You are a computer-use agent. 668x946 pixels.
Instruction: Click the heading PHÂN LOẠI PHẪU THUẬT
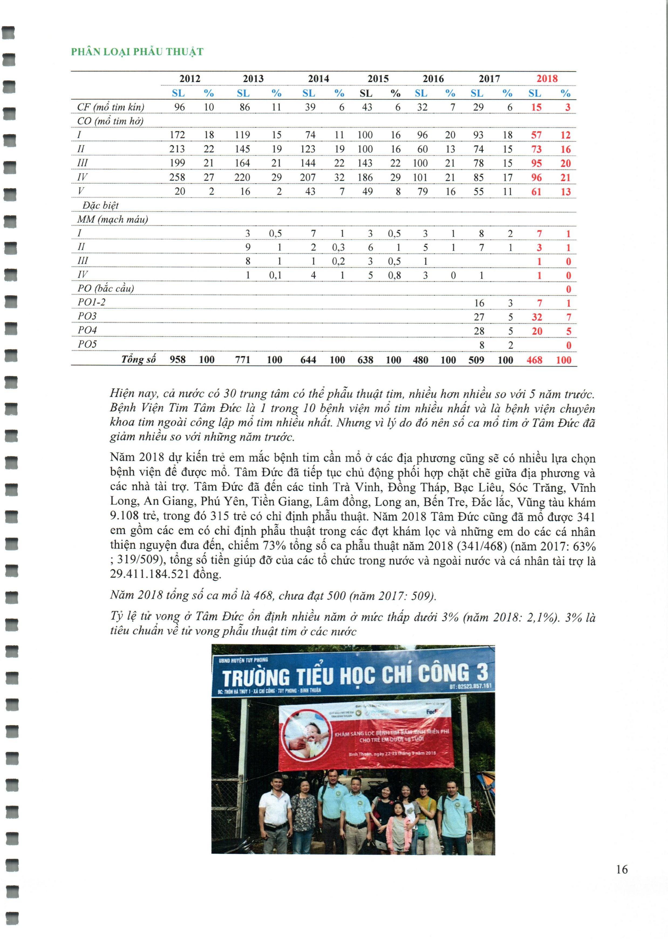(137, 52)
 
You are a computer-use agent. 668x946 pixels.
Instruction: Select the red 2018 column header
(547, 79)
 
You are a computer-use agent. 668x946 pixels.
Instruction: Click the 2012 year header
(190, 79)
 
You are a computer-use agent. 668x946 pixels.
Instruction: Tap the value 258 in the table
(178, 177)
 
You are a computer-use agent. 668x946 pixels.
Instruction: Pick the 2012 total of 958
(178, 360)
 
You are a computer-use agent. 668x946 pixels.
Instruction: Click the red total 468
(534, 360)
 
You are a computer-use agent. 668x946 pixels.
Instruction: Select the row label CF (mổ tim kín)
(110, 107)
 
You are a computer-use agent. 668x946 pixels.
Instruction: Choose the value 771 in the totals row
(242, 360)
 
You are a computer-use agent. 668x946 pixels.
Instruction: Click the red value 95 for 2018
(536, 163)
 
